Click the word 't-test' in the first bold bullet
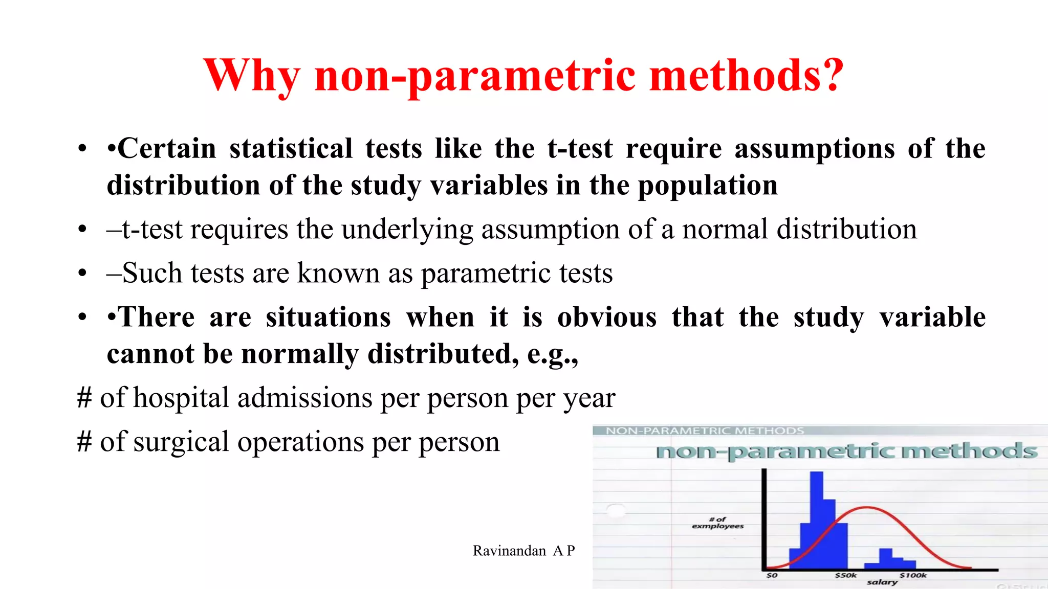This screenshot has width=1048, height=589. pyautogui.click(x=579, y=149)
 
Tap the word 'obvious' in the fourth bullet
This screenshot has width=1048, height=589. pyautogui.click(x=607, y=318)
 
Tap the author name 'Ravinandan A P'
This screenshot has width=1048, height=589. pyautogui.click(x=523, y=551)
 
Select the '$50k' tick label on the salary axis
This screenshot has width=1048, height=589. pyautogui.click(x=845, y=576)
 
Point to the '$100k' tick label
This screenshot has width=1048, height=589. pyautogui.click(x=913, y=576)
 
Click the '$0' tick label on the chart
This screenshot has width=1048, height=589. pyautogui.click(x=772, y=576)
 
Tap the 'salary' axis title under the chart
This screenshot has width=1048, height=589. pyautogui.click(x=882, y=582)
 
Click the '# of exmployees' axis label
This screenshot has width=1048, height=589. pyautogui.click(x=717, y=523)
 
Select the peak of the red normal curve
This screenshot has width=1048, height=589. pyautogui.click(x=867, y=507)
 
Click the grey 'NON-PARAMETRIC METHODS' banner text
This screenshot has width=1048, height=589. pyautogui.click(x=705, y=431)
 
